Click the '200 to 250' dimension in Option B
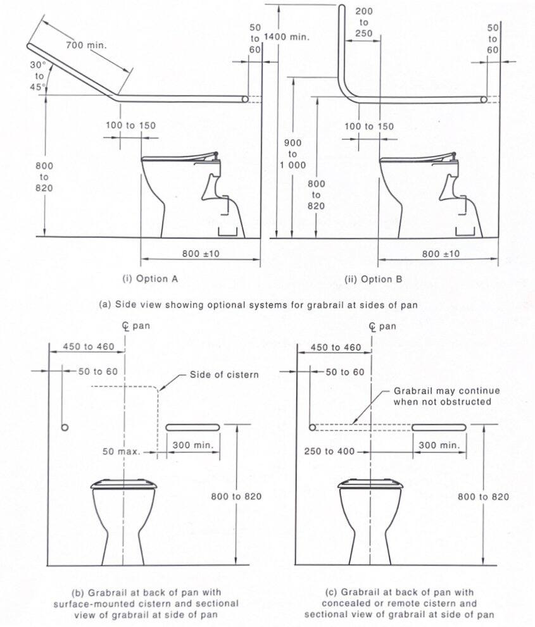coord(364,22)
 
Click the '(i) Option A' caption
coord(145,278)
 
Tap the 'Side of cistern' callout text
coord(224,375)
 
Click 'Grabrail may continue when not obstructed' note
coord(446,396)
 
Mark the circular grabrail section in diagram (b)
coord(65,428)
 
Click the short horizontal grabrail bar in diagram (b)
coord(192,428)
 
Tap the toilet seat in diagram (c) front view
coord(370,485)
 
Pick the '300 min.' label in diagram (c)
coord(440,445)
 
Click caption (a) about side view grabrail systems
coord(259,304)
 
